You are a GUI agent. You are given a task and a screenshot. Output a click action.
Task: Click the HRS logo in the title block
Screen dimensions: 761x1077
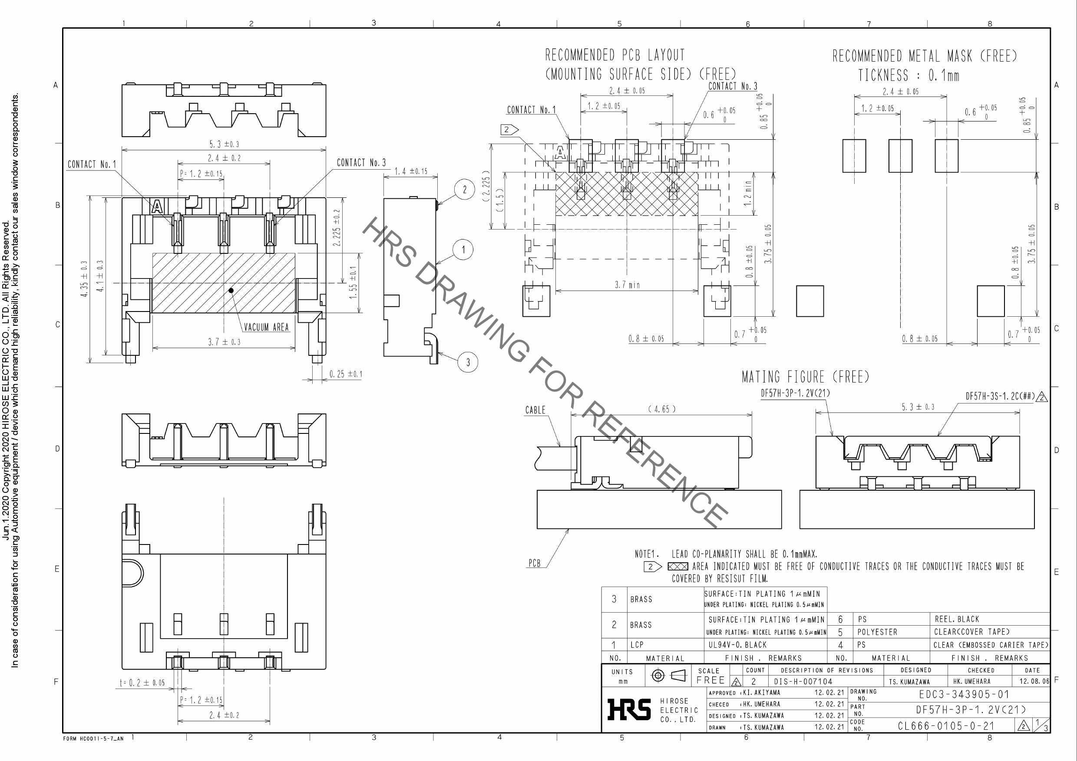(x=628, y=709)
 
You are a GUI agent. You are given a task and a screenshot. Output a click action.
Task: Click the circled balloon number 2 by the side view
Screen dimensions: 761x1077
(x=464, y=189)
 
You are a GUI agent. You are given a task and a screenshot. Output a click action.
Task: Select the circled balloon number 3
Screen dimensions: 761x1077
(x=468, y=362)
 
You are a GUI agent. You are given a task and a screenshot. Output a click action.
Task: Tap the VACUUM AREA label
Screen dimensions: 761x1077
(x=266, y=327)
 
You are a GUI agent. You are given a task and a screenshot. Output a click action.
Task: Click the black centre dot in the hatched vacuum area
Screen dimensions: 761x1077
(x=231, y=291)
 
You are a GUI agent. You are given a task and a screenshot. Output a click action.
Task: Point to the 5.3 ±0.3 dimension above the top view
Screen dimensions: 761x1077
(x=224, y=144)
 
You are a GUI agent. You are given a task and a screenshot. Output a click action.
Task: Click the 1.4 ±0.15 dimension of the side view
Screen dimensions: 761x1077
(x=411, y=171)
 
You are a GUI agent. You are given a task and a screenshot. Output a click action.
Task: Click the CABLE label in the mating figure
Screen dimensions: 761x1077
(x=535, y=410)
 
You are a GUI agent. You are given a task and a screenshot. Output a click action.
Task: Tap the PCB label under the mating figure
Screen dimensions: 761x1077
(x=534, y=563)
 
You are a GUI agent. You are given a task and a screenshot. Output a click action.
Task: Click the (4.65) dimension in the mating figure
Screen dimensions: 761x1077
(x=662, y=409)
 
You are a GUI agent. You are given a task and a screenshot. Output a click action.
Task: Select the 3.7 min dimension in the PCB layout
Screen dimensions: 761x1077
(x=627, y=285)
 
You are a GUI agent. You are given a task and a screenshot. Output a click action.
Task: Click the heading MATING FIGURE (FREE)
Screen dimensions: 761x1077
(x=805, y=377)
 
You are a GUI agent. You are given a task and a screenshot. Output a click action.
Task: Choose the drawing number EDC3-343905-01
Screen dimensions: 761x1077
(x=964, y=694)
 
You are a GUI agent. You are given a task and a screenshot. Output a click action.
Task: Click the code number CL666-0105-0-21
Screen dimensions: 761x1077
(x=946, y=726)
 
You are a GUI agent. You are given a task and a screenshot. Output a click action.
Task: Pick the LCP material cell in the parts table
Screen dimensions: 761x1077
(x=637, y=645)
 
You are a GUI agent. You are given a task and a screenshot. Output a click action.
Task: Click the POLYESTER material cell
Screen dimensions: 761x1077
(x=877, y=632)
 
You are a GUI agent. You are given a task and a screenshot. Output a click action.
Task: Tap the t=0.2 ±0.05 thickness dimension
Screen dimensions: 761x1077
(x=142, y=683)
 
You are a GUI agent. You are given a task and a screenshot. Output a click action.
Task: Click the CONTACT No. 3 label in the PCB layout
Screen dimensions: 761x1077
(x=732, y=86)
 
